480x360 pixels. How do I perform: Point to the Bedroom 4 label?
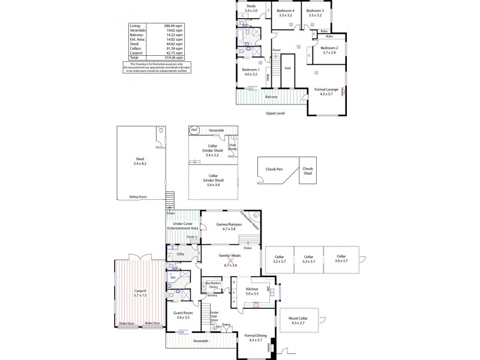click(x=286, y=11)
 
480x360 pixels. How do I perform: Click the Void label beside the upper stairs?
click(x=287, y=68)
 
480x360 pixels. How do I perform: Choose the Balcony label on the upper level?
click(x=271, y=96)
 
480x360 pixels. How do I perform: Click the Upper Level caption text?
click(x=275, y=113)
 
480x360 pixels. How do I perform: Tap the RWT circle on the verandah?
click(x=194, y=130)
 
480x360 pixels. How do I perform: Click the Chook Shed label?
click(x=308, y=171)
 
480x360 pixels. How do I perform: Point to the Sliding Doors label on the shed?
click(x=139, y=196)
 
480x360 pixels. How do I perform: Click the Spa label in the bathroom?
click(x=173, y=278)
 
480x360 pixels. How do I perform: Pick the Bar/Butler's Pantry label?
click(x=214, y=284)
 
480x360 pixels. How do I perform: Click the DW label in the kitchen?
click(x=268, y=289)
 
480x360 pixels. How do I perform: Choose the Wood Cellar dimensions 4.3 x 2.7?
click(x=298, y=324)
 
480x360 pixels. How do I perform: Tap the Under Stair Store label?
click(x=214, y=316)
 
